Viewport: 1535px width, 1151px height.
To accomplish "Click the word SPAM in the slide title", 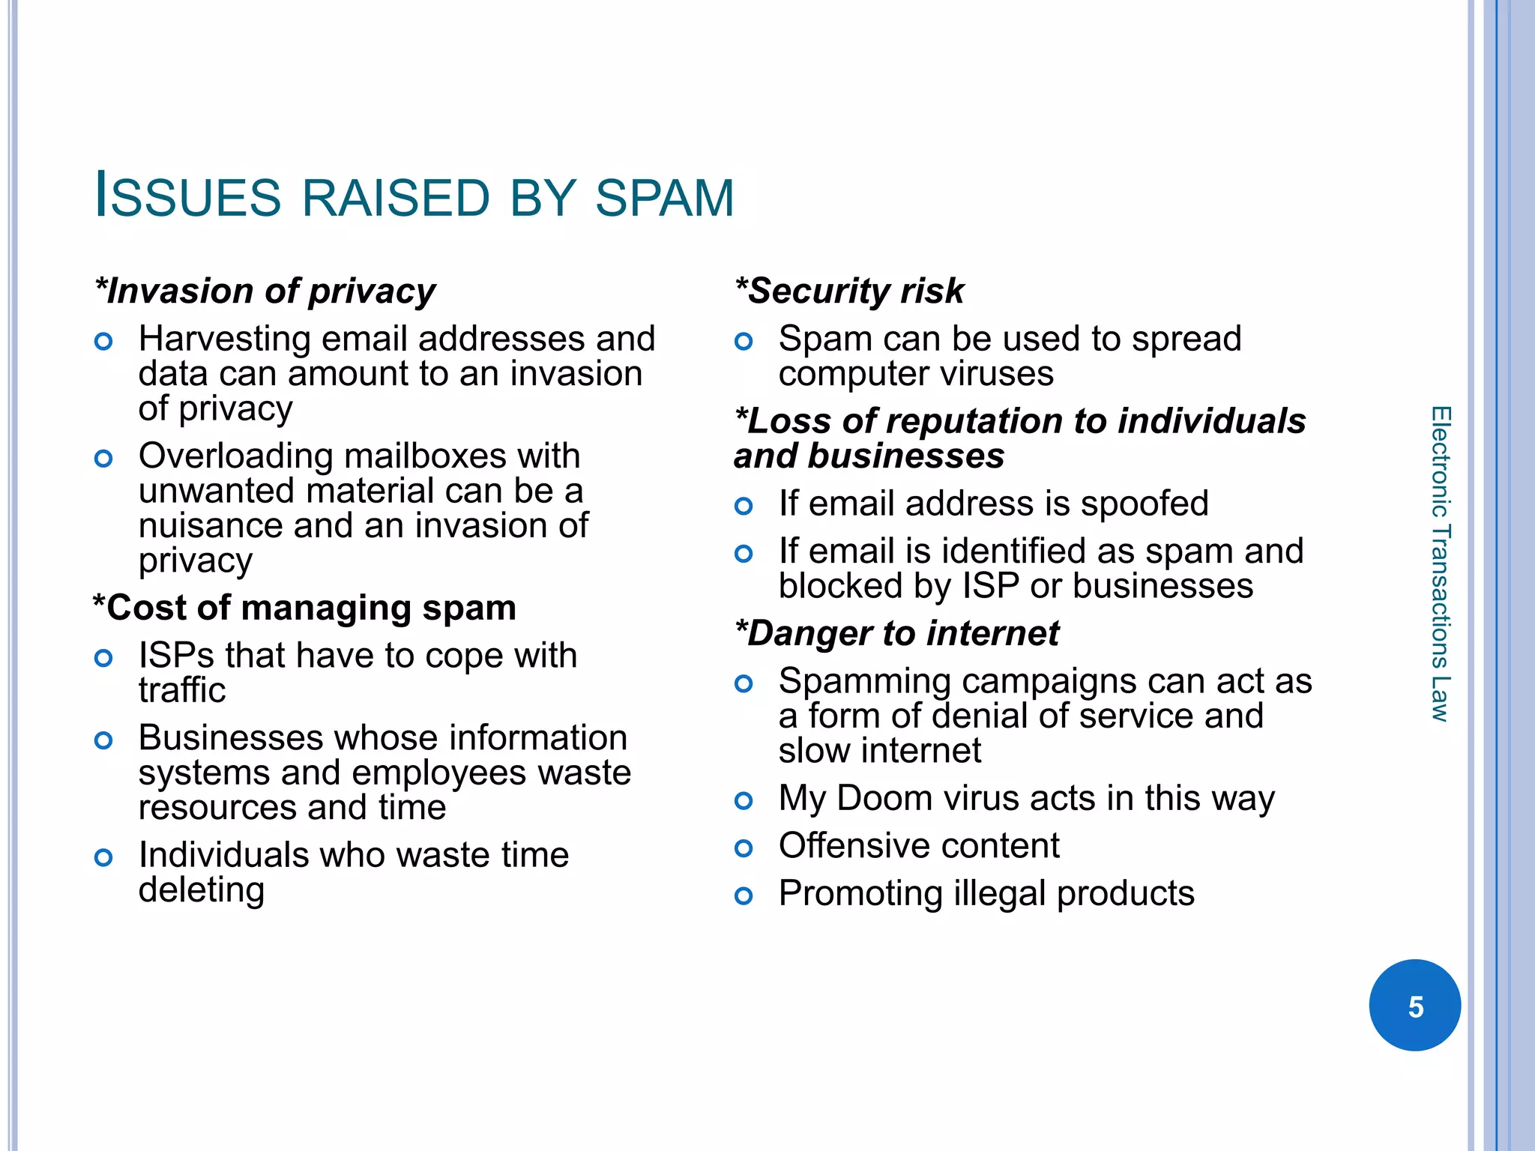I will pyautogui.click(x=664, y=199).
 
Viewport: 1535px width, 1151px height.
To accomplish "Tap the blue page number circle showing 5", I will pyautogui.click(x=1414, y=1006).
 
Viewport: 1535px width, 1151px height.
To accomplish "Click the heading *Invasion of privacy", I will pyautogui.click(x=265, y=291).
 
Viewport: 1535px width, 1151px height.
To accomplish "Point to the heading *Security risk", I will pyautogui.click(x=849, y=291).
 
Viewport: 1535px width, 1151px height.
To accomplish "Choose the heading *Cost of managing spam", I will pyautogui.click(x=304, y=608).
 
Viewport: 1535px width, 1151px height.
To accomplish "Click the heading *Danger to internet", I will pyautogui.click(x=897, y=633).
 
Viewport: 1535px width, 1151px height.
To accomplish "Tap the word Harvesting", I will pyautogui.click(x=225, y=339).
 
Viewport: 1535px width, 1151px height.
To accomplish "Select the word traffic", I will pyautogui.click(x=182, y=690).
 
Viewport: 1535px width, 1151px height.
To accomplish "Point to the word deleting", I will pyautogui.click(x=202, y=890).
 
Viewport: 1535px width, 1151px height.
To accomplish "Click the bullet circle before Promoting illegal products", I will pyautogui.click(x=744, y=895).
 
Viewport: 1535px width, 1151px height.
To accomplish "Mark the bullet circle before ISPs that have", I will pyautogui.click(x=103, y=659).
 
